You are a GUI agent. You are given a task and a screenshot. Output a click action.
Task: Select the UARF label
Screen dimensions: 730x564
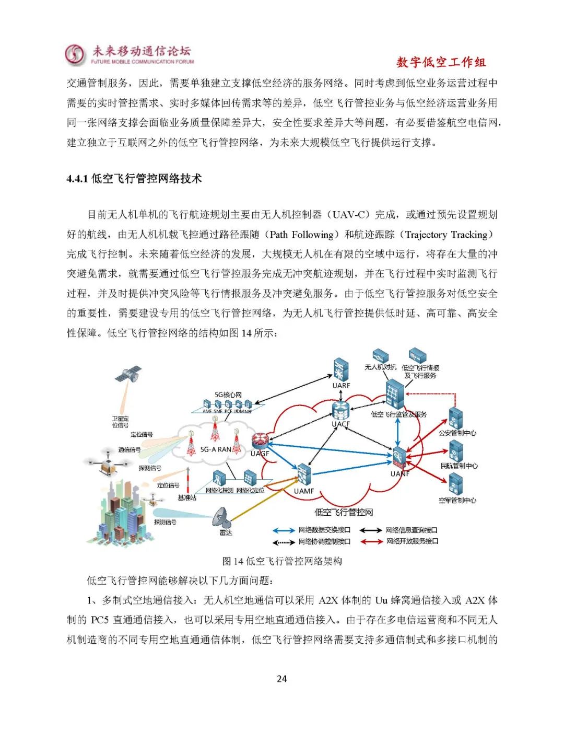341,386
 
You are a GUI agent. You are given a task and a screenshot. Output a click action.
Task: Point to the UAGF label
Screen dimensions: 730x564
260,454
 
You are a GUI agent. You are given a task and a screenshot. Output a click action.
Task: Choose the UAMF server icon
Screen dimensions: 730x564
303,473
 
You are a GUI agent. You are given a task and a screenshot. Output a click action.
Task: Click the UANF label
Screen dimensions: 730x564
400,474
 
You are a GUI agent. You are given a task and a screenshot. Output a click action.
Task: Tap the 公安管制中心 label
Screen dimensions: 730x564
457,433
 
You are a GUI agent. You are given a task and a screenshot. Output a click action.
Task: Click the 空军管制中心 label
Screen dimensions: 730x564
457,500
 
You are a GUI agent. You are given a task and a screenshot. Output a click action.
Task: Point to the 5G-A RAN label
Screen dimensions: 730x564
216,449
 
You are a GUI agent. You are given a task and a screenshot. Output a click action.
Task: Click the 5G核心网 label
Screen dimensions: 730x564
228,395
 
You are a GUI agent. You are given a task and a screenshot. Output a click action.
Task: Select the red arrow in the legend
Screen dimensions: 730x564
372,541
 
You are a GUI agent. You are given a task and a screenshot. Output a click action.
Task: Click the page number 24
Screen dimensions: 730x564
281,679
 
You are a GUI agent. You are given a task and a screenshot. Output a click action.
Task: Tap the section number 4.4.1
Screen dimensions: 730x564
77,179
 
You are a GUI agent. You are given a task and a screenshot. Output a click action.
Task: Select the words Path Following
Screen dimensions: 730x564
301,235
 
